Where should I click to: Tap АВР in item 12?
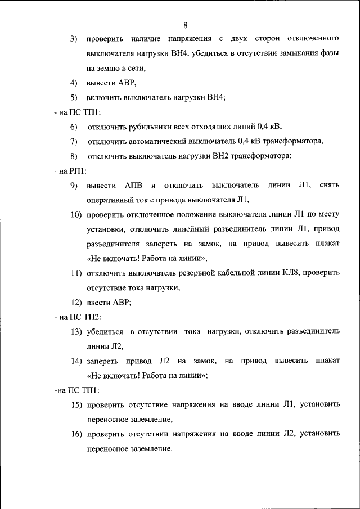click(121, 302)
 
